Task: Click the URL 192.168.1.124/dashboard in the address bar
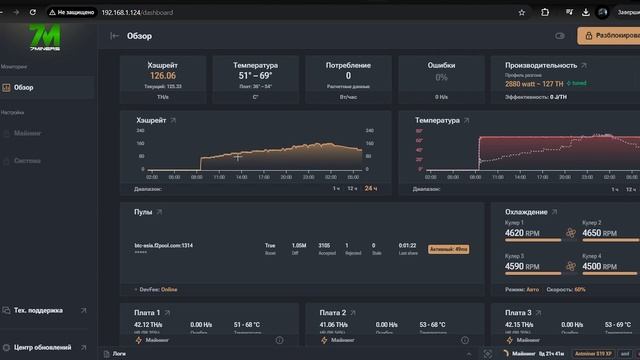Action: (137, 12)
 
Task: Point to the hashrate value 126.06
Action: (163, 75)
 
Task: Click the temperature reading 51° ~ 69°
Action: (255, 75)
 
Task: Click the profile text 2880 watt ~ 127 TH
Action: (537, 84)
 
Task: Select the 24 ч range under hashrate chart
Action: (370, 188)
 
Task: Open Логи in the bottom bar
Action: (119, 354)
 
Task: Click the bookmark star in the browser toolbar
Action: (522, 12)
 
